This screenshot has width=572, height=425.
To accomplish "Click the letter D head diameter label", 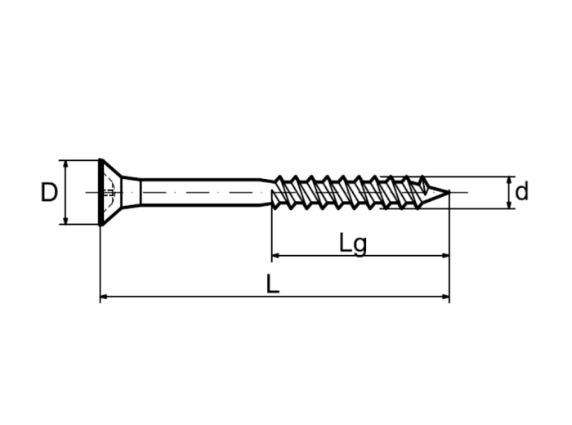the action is coord(49,192).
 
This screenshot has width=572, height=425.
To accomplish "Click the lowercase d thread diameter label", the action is coord(521,191).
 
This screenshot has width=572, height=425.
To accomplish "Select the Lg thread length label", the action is coord(353,244).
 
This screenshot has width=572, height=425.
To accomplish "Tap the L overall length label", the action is coord(273,284).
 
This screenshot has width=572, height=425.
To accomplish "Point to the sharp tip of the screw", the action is coord(449,191).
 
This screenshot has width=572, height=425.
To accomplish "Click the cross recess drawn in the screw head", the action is coord(109,192).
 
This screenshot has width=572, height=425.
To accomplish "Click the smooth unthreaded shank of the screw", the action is coord(200,192).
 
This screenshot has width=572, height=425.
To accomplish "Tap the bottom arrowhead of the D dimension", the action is coord(65,221).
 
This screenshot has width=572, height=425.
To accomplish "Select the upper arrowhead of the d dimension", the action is coord(510,180).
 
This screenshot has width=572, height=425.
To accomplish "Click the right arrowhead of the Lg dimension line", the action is coord(445,255).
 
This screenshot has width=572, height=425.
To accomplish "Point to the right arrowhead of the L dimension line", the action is coord(445,297).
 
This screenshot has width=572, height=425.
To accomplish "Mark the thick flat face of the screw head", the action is coord(101,192).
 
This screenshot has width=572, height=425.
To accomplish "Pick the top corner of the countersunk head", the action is coord(101,160).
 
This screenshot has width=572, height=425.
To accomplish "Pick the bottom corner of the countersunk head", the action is coord(101,225).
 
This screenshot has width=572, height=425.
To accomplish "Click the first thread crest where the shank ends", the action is coord(279,177).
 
